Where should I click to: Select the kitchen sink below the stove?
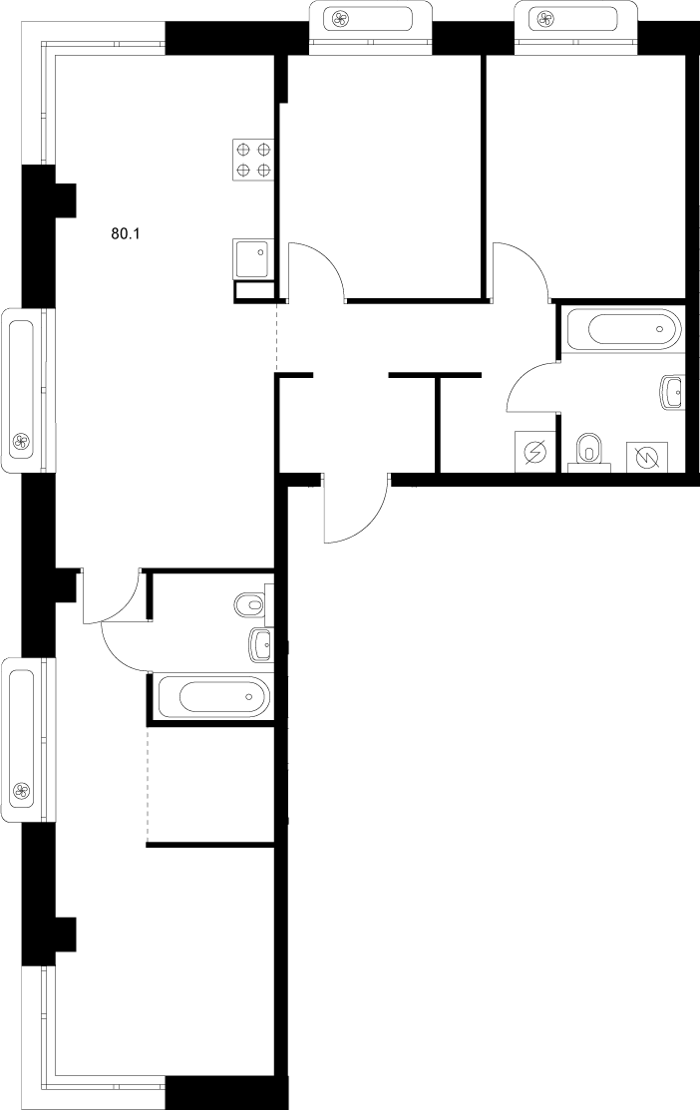pos(251,260)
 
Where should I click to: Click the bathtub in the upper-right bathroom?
pos(622,328)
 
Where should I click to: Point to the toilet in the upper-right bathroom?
pos(590,450)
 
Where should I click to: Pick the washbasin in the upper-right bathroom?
pos(673,393)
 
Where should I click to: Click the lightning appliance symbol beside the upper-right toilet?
pos(645,456)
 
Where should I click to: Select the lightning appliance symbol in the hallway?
pos(533,452)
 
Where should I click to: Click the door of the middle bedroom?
pos(316,270)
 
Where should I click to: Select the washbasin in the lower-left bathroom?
pos(260,645)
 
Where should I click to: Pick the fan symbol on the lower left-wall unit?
pos(20,792)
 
